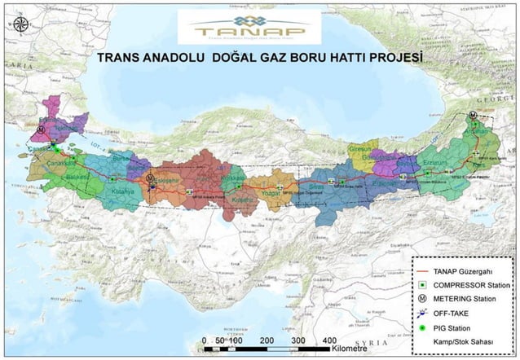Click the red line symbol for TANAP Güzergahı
(427, 271)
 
